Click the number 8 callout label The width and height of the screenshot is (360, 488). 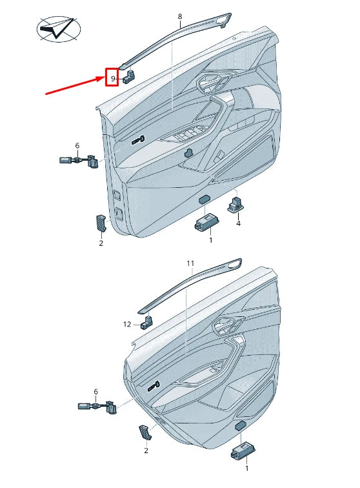tap(179, 16)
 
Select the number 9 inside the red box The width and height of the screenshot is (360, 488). tap(113, 79)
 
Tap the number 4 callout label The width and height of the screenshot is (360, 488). tap(238, 223)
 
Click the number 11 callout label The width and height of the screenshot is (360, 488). tap(190, 263)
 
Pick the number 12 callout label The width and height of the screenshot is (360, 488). tap(128, 324)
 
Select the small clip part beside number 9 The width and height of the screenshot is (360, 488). tap(128, 77)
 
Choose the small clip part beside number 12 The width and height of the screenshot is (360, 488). tap(148, 321)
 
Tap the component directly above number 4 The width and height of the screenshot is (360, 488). tap(234, 205)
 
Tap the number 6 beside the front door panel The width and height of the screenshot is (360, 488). tap(77, 146)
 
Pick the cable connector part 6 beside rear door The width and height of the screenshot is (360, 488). tap(97, 407)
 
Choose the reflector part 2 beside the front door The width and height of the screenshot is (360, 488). tap(101, 221)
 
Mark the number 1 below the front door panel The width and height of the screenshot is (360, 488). tap(210, 239)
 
